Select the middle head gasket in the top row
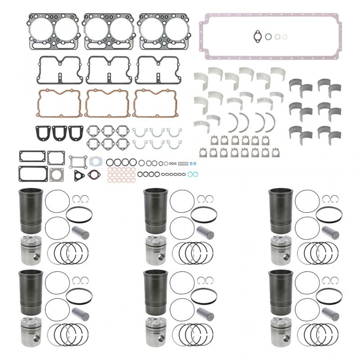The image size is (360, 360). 108,31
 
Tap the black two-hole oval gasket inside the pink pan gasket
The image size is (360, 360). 258,35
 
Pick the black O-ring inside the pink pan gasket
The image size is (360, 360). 268,36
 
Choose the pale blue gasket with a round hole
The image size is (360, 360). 95,161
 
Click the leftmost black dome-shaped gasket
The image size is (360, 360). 44,132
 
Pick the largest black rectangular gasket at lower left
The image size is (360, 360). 33,173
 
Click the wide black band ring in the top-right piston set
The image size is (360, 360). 329,215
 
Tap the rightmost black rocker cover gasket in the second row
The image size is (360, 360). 155,70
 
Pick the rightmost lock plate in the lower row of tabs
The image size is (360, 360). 265,153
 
